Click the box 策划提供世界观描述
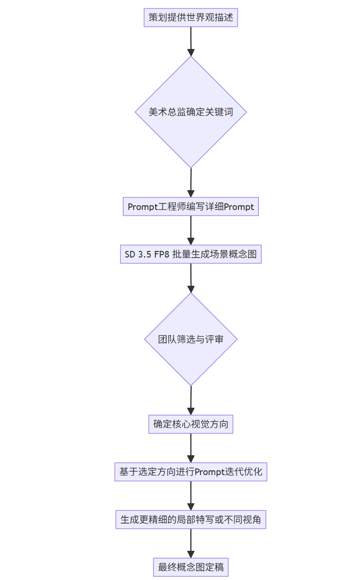tap(191, 18)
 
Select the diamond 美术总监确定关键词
tap(191, 112)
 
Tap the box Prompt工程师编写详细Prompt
tap(191, 207)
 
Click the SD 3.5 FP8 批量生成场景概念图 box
tap(191, 254)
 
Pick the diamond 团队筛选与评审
tap(191, 339)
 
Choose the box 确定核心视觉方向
tap(191, 424)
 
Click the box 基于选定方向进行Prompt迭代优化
tap(191, 472)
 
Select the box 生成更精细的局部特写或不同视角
tap(191, 520)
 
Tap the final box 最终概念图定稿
tap(191, 567)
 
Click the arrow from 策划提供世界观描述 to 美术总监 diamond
tap(191, 41)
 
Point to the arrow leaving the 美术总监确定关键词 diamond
tap(191, 183)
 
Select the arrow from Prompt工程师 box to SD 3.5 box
tap(191, 230)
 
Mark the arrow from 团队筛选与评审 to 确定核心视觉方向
tap(191, 400)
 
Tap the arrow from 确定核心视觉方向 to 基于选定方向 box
tap(191, 448)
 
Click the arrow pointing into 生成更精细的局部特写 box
tap(191, 496)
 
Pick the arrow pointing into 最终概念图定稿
tap(191, 543)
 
